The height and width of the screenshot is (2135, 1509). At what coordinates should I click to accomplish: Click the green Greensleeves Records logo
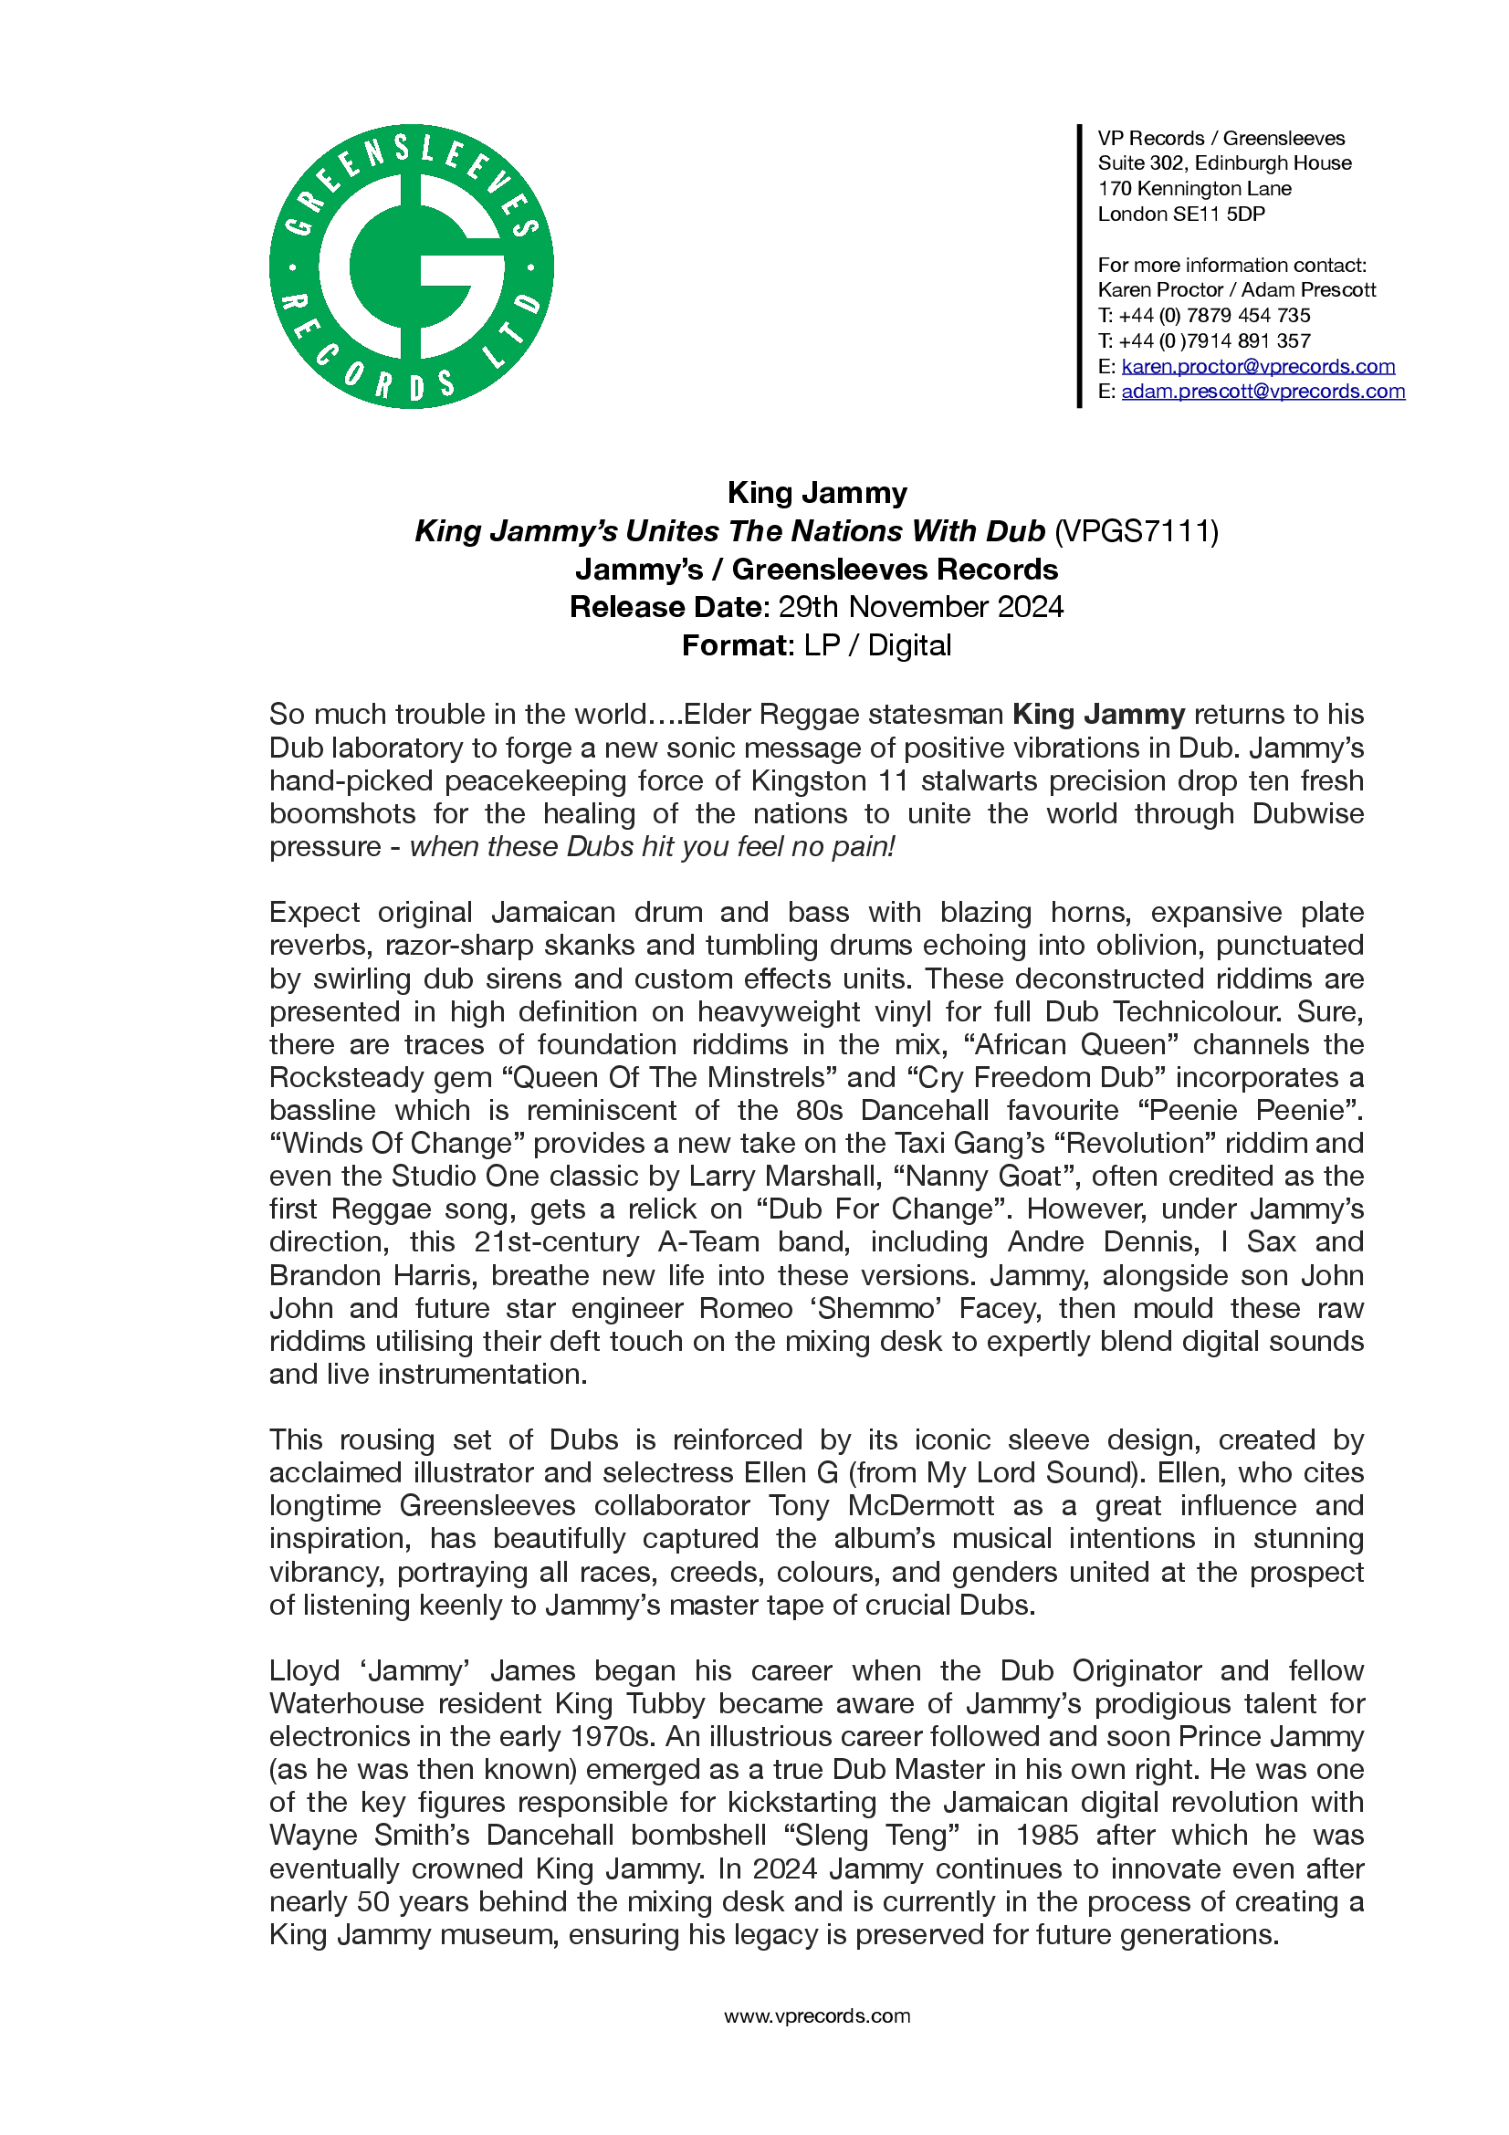pos(411,266)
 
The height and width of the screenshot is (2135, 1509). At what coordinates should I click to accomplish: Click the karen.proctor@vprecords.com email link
pos(1257,366)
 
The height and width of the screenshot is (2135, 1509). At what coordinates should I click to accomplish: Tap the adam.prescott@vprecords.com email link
pos(1263,392)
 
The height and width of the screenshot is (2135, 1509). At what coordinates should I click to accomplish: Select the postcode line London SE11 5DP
pos(1180,214)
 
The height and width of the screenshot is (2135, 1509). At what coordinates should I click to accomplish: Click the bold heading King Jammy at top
pos(816,492)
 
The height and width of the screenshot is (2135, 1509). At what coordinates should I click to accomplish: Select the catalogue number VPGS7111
pos(1136,531)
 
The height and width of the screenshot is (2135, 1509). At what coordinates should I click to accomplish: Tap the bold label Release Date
pos(665,606)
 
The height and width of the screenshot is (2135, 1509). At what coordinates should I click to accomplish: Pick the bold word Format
pos(735,645)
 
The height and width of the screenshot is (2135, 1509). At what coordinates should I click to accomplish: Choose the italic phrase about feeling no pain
pos(652,846)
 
